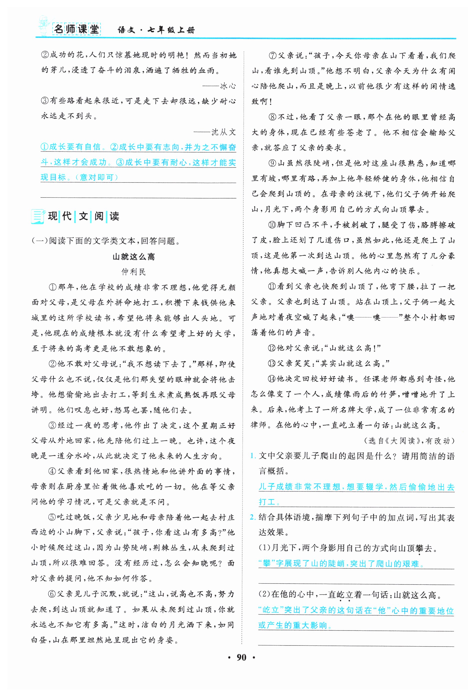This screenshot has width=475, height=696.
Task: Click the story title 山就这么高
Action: coord(134,257)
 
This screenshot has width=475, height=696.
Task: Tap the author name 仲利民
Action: coord(133,272)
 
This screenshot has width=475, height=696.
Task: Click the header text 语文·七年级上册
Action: coord(156,30)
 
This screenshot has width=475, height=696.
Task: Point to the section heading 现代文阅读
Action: coord(83,216)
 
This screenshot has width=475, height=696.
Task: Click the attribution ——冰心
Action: coord(219,86)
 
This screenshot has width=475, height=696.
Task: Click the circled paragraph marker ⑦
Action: coord(272,56)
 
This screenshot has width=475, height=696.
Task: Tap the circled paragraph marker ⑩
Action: coord(272,225)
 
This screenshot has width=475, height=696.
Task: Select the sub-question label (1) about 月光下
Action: coord(264,548)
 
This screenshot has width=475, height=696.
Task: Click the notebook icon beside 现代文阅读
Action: coord(38,216)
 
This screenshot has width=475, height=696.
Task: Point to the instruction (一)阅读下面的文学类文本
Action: coord(106,241)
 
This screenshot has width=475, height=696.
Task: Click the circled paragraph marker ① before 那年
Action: coord(53,287)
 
